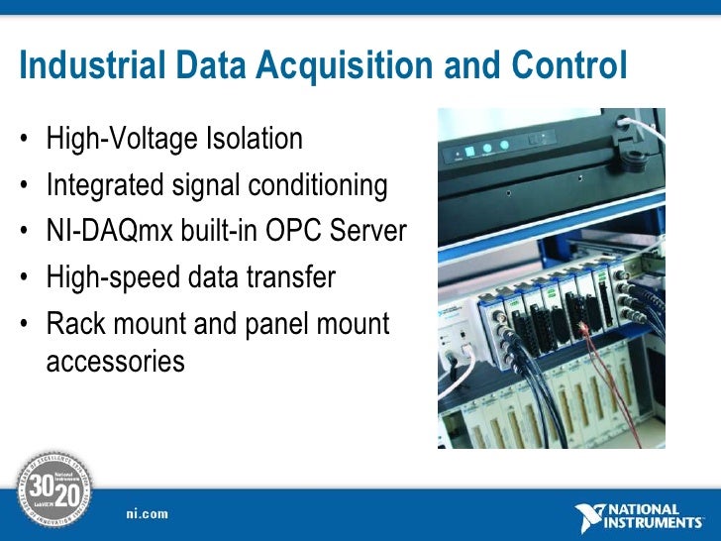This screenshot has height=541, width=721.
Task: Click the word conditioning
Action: click(315, 185)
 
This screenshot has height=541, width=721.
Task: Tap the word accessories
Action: click(115, 362)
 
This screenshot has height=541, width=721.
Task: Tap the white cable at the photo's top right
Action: click(649, 123)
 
